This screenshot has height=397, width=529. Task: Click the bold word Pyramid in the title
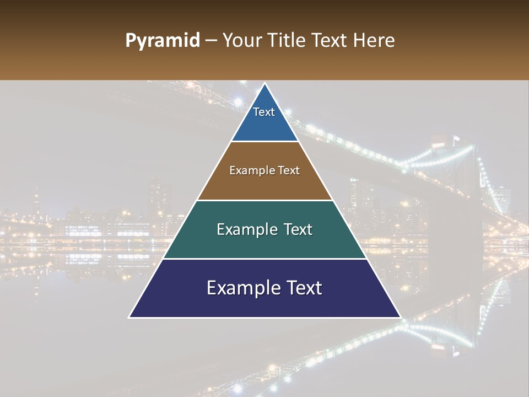point(162,41)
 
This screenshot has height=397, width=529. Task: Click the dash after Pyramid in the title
point(210,41)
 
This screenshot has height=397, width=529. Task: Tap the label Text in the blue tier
point(264,112)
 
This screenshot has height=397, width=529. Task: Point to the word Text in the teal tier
point(296,229)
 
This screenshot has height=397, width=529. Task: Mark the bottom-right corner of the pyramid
point(400,317)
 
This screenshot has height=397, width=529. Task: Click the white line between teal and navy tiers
point(265,259)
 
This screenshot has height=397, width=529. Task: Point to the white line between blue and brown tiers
point(265,142)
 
